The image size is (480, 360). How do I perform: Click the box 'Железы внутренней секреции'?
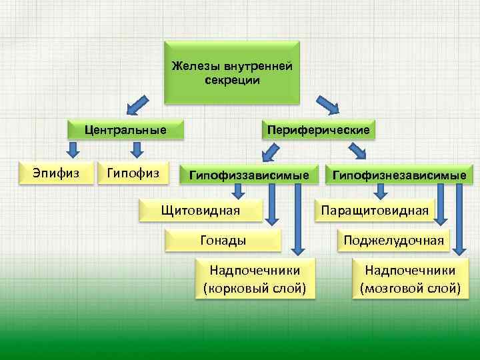click(231, 73)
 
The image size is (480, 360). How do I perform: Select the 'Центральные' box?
click(125, 129)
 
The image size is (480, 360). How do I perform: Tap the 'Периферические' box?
click(317, 129)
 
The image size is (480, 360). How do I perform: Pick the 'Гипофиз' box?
click(133, 173)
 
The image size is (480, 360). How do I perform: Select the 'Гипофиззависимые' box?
click(249, 175)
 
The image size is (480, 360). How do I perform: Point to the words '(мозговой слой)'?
click(410, 289)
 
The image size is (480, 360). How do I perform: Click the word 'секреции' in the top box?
click(232, 80)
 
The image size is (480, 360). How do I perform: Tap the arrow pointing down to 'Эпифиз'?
click(69, 149)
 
